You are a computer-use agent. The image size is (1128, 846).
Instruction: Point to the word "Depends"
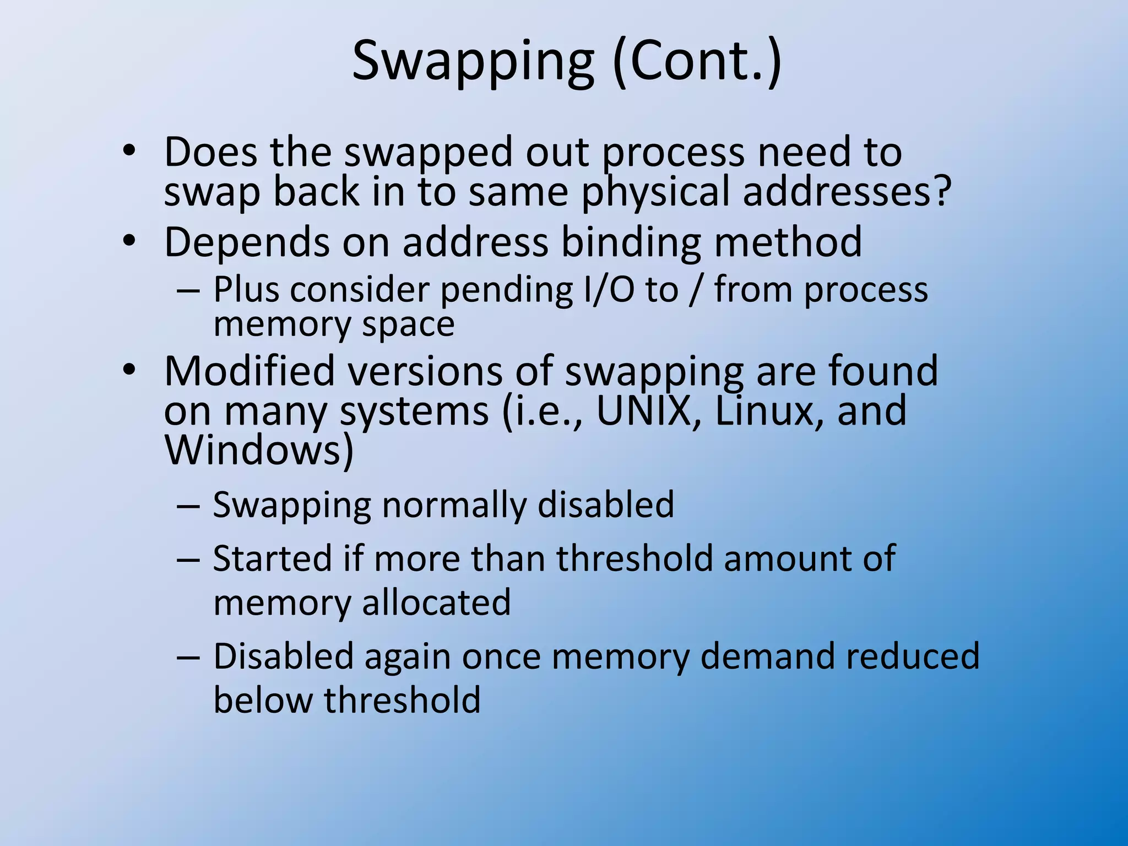(247, 243)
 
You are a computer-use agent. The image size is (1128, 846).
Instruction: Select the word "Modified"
(250, 371)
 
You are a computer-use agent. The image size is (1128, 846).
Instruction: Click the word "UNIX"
(643, 411)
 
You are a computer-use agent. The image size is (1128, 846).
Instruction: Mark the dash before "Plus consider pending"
(188, 291)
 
